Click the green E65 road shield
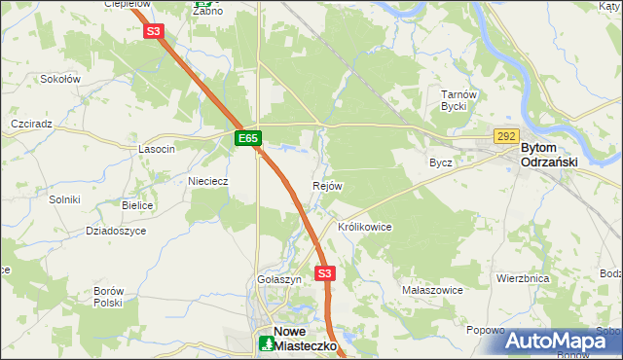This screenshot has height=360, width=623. point(247,139)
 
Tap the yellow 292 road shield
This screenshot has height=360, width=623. point(505,137)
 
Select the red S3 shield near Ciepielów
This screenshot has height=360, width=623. point(153,31)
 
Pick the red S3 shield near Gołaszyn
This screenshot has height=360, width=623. point(325,273)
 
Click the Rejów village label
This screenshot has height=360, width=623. point(327,186)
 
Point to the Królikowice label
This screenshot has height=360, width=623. point(364,227)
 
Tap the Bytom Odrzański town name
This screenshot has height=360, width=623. point(550,155)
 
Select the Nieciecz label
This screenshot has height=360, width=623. point(207,181)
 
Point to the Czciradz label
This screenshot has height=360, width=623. point(30,126)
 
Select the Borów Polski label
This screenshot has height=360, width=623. point(107,297)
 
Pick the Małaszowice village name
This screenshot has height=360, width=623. point(432,290)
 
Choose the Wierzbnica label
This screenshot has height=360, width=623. point(523,278)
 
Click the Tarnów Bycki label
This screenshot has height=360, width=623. point(457,100)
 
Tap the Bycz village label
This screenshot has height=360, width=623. point(441,162)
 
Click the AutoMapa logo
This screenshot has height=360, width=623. point(562,342)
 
